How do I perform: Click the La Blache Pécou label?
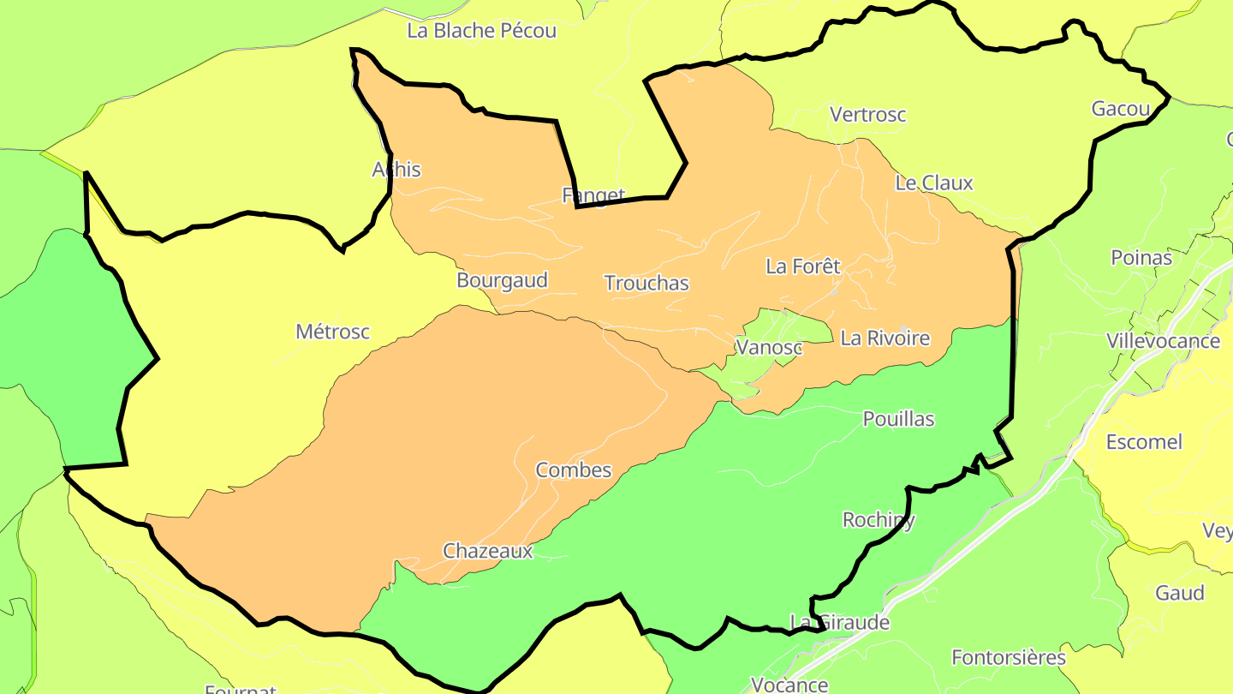click(x=481, y=31)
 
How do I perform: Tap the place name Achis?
click(x=396, y=170)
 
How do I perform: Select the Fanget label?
click(x=593, y=195)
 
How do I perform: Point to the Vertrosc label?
click(x=867, y=114)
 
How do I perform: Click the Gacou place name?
click(x=1120, y=109)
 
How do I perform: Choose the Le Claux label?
click(x=933, y=182)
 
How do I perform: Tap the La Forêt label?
click(x=802, y=266)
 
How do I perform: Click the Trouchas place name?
click(x=646, y=283)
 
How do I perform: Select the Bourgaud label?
click(x=502, y=280)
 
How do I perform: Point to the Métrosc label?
click(x=332, y=331)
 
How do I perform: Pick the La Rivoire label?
click(x=885, y=338)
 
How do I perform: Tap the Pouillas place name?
click(x=898, y=419)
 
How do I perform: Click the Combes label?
click(x=573, y=470)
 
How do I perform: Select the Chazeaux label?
click(x=487, y=551)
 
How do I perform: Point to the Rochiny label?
click(x=879, y=519)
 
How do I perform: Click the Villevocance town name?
click(x=1163, y=341)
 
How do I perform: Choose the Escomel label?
click(x=1144, y=442)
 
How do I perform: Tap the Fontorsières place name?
click(x=1009, y=658)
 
